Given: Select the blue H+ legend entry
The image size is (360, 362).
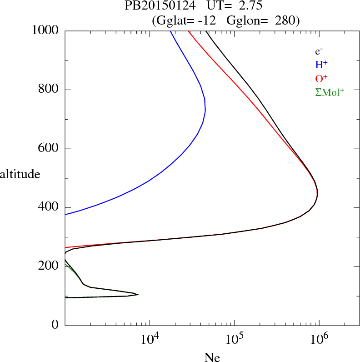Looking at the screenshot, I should click(322, 65).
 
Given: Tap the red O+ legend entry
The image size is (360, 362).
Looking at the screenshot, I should click(322, 78).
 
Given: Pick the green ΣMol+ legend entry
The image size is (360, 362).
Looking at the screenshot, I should click(330, 92).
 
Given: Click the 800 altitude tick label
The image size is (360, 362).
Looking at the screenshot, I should click(49, 90).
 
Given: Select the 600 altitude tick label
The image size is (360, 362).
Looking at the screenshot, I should click(49, 149).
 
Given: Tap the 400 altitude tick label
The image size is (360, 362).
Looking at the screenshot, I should click(49, 207).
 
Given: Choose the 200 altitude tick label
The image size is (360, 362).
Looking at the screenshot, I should click(49, 266).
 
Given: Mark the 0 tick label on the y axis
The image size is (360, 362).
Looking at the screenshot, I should click(55, 325).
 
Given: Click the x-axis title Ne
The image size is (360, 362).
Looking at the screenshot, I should click(212, 357).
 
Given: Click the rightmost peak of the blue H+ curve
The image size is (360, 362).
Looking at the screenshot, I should click(205, 110).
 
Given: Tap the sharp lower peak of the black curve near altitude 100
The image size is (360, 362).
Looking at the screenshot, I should click(138, 294).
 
